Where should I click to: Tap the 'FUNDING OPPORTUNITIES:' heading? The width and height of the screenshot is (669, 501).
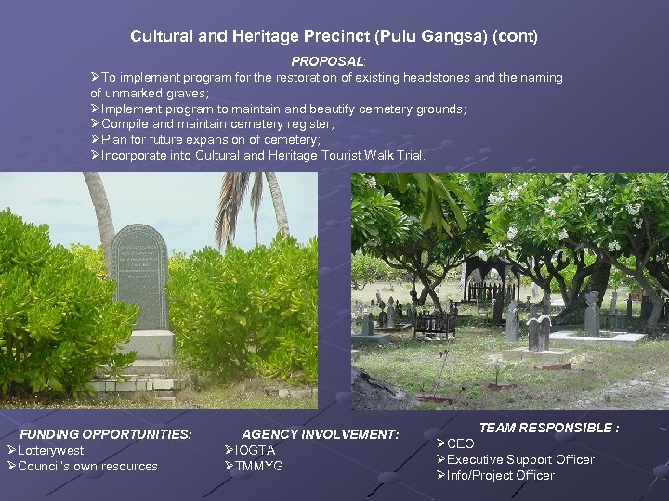click(106, 434)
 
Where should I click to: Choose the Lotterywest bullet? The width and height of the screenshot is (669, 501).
click(50, 450)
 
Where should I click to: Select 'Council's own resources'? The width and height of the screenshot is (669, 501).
click(87, 466)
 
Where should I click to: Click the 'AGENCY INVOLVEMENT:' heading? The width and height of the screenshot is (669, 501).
click(320, 434)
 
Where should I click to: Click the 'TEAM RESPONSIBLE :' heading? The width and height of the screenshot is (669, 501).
click(548, 428)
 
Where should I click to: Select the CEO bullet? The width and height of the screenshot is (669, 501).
click(461, 443)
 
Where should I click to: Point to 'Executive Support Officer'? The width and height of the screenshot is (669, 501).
click(520, 459)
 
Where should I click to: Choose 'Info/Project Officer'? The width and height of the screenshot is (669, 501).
click(501, 475)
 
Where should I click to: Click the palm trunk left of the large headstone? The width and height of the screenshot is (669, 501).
click(99, 213)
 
